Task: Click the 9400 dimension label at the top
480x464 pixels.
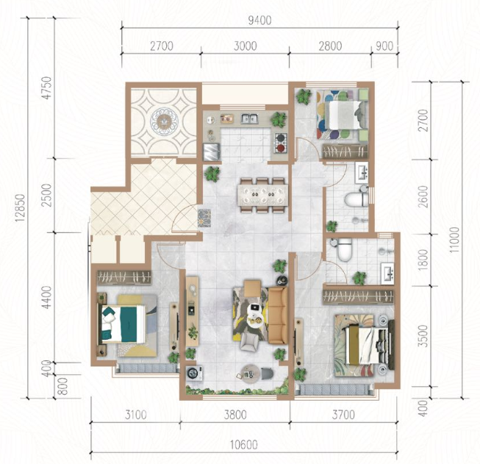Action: click(259, 20)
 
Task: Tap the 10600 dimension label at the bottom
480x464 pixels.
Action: click(243, 445)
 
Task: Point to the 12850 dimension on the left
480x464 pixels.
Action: click(20, 207)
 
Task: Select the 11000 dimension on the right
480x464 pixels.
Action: click(454, 240)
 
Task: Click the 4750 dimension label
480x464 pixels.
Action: click(47, 88)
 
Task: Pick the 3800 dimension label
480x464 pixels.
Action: click(235, 415)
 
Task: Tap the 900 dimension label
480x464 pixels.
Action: click(384, 46)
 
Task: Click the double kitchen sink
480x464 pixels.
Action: click(249, 118)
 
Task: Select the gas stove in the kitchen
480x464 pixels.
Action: click(281, 143)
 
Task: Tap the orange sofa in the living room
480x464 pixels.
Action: click(278, 315)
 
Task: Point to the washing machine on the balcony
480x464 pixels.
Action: click(194, 373)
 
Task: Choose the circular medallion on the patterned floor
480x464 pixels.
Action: click(164, 121)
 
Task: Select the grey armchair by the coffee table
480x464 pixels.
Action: click(249, 341)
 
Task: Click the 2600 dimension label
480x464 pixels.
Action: click(423, 196)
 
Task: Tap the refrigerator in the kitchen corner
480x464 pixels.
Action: click(212, 151)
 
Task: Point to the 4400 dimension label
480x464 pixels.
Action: click(47, 297)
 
